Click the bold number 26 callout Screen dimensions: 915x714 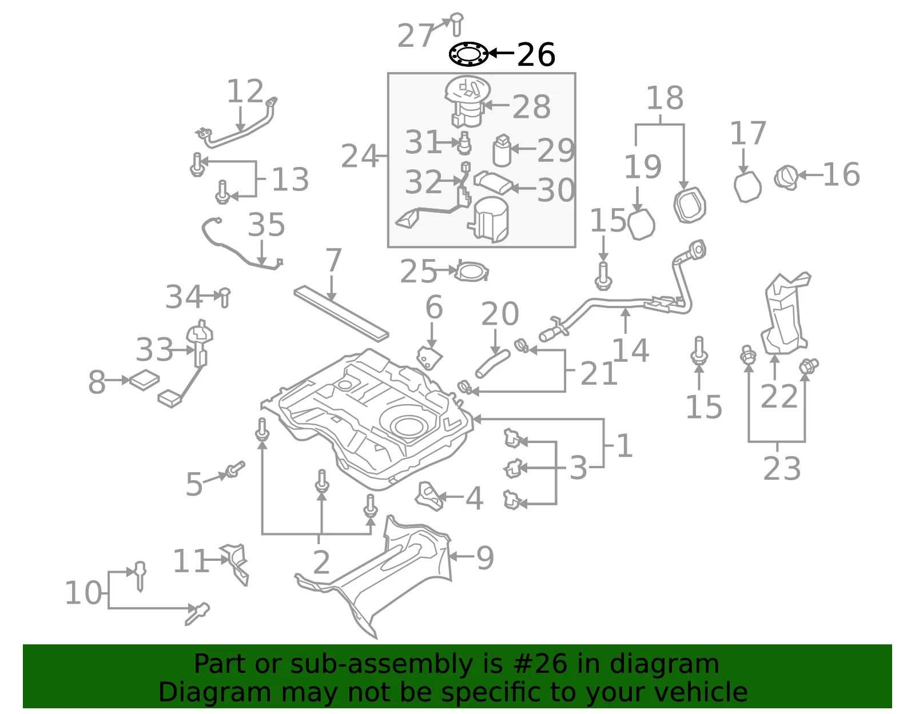tap(536, 55)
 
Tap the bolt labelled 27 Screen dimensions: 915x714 tap(456, 24)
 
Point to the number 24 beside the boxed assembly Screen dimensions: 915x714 tap(359, 156)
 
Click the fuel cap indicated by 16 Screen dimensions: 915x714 tap(786, 178)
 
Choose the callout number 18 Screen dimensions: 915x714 tap(665, 98)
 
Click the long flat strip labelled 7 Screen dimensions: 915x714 tap(341, 313)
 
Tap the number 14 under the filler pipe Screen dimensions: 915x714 tap(630, 350)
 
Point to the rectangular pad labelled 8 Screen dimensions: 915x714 tap(144, 380)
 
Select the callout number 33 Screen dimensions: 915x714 tap(154, 349)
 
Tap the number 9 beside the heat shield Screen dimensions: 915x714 tap(485, 558)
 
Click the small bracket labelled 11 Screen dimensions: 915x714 tap(235, 564)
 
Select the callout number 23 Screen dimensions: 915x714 tap(782, 468)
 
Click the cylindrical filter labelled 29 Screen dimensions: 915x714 tap(502, 150)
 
